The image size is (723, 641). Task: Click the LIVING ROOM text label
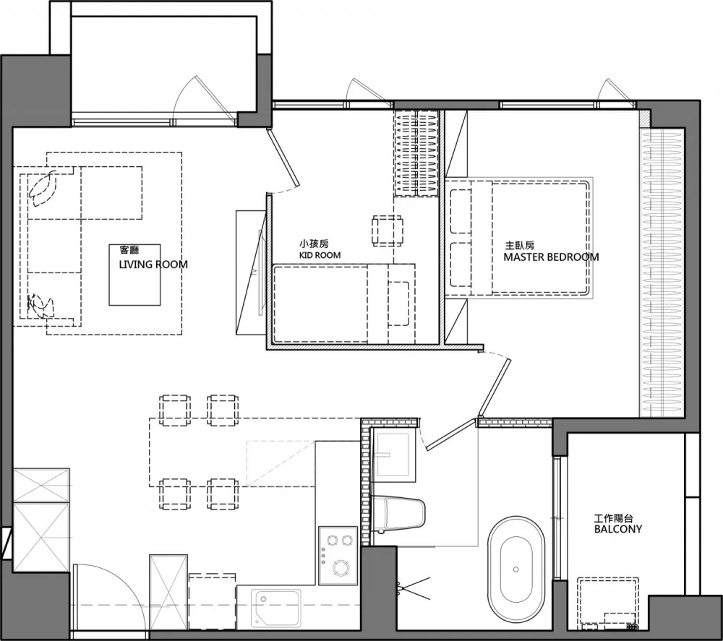pyautogui.click(x=153, y=264)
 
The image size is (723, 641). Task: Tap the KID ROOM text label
pyautogui.click(x=320, y=255)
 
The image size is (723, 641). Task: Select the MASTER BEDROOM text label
pyautogui.click(x=551, y=257)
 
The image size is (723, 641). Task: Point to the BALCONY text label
pyautogui.click(x=618, y=529)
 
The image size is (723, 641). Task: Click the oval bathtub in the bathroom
pyautogui.click(x=516, y=569)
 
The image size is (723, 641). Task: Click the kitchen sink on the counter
pyautogui.click(x=275, y=608)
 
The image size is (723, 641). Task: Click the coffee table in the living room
pyautogui.click(x=134, y=275)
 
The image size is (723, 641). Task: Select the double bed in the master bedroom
pyautogui.click(x=518, y=237)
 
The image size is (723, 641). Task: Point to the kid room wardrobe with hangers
pyautogui.click(x=416, y=153)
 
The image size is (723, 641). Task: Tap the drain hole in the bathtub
pyautogui.click(x=516, y=569)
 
